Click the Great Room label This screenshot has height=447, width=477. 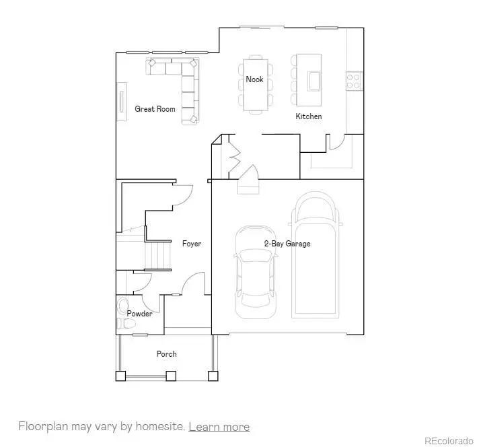(x=155, y=109)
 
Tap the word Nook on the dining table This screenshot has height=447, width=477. (x=254, y=79)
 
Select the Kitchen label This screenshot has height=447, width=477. (x=309, y=116)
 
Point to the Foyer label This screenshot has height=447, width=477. (x=192, y=244)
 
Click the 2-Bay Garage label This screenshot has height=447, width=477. (x=287, y=244)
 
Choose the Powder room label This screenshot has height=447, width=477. (x=139, y=314)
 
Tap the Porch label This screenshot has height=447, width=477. (x=166, y=354)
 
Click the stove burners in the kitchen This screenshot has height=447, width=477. (x=355, y=81)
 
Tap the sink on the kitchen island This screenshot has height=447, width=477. (x=314, y=80)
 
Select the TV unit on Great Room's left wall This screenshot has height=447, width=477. (x=122, y=102)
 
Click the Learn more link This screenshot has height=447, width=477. (x=219, y=427)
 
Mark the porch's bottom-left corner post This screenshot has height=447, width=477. (x=121, y=376)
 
